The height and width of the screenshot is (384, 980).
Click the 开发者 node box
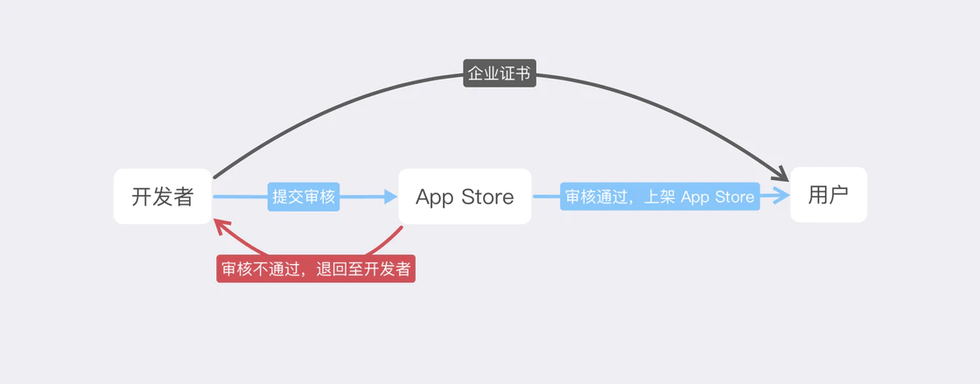163,196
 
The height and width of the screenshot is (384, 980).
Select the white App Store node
465,196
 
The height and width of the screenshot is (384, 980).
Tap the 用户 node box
828,194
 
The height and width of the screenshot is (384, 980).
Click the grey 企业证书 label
499,73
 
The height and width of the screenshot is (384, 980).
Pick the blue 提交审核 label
304,197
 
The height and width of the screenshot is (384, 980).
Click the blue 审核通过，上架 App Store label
660,197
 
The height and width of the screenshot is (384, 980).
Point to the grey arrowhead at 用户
779,173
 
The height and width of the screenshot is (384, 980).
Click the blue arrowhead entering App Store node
388,197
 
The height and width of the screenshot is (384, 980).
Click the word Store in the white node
487,197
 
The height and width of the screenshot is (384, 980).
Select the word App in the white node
435,197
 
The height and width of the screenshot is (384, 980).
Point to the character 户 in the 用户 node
838,194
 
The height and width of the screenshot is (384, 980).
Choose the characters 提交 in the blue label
288,197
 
